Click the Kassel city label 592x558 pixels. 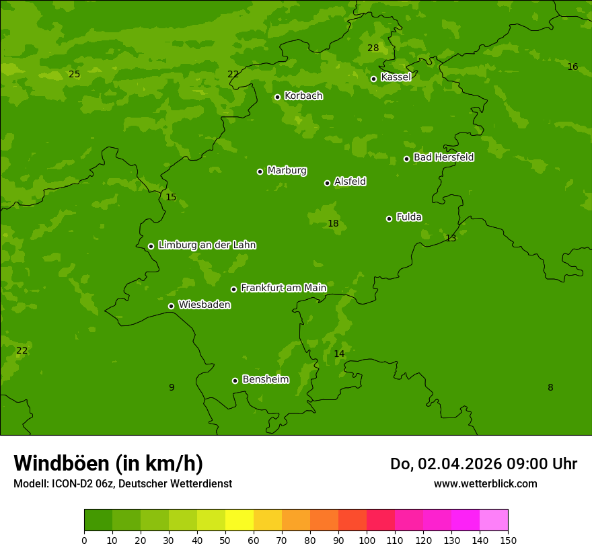[x=396, y=77]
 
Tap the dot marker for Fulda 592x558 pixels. [x=389, y=218]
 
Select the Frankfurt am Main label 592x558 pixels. [x=283, y=288]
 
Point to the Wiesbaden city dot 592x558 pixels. [x=171, y=306]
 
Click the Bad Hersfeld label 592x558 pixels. [x=443, y=157]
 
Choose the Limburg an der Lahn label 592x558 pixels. [x=207, y=245]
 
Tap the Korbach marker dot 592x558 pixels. [x=277, y=97]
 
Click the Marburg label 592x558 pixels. [x=287, y=170]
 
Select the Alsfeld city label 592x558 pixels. [x=350, y=182]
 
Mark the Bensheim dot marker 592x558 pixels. [x=235, y=381]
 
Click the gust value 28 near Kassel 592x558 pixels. [x=373, y=48]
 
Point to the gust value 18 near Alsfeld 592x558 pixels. [x=333, y=224]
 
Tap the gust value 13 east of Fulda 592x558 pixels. [x=451, y=239]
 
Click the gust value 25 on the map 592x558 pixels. [x=74, y=75]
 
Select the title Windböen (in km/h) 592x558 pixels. [x=108, y=463]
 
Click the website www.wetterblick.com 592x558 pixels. [x=485, y=483]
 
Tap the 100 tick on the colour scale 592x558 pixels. [x=367, y=540]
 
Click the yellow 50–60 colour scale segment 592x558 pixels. [x=239, y=520]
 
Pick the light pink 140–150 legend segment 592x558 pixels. [x=494, y=520]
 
